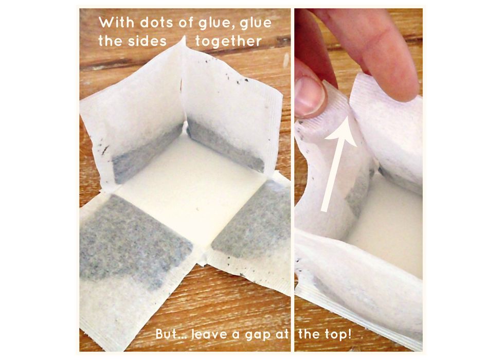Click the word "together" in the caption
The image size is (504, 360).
tap(228, 42)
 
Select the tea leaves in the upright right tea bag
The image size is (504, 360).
tap(225, 145)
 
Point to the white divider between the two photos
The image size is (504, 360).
tap(293, 180)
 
